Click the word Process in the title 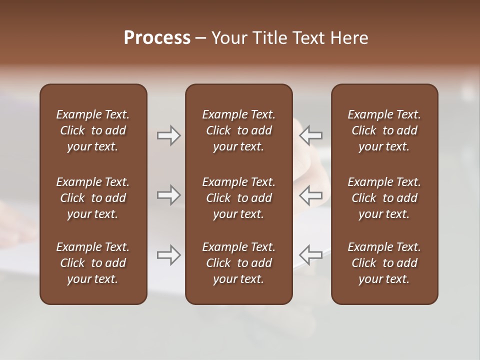pos(157,38)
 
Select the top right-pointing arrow pos(168,135)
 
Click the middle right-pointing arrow pos(168,195)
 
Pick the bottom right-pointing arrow pos(168,255)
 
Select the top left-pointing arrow pos(311,135)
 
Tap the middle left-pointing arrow pos(311,195)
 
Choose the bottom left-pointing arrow pos(311,255)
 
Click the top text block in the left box pos(93,130)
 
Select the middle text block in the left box pos(93,198)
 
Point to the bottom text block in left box pos(93,263)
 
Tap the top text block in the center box pos(238,130)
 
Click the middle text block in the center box pos(238,198)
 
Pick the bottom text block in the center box pos(238,263)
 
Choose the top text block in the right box pos(384,130)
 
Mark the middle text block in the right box pos(384,198)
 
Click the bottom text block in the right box pos(384,263)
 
